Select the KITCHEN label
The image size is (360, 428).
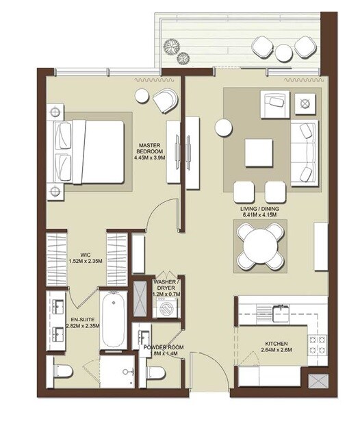pos(277,344)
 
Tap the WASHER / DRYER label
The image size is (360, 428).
pos(167,286)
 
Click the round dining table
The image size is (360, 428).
pos(259,245)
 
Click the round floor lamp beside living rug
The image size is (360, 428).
pos(223,127)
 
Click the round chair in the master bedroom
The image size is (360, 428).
pos(165,101)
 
